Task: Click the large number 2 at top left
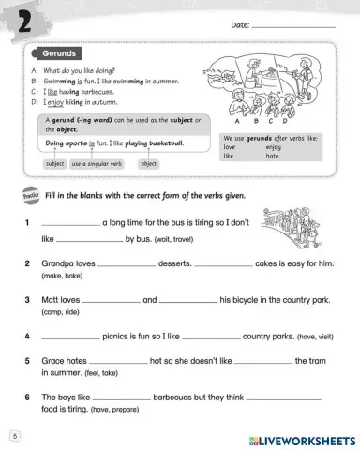(x=20, y=20)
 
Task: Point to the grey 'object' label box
(x=148, y=164)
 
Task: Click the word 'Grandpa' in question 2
(x=57, y=265)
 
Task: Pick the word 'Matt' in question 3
(x=51, y=300)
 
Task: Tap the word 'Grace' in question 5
(x=52, y=361)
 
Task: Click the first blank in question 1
(x=69, y=223)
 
